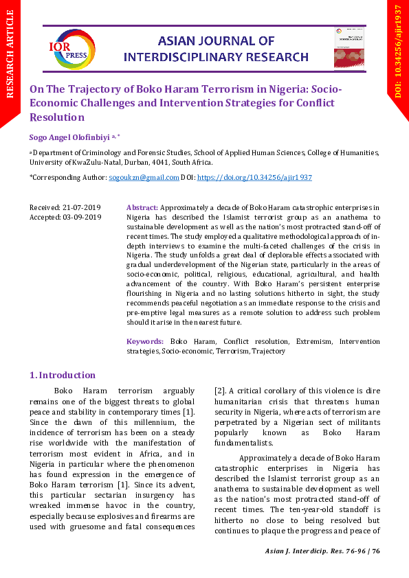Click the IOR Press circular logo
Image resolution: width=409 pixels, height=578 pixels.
(x=71, y=49)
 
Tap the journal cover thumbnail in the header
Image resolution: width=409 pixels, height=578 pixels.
(x=348, y=48)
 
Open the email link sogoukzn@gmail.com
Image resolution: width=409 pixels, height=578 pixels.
(x=144, y=177)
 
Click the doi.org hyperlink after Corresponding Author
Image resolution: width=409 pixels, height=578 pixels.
(x=254, y=177)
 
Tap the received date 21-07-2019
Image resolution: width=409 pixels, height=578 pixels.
(x=82, y=207)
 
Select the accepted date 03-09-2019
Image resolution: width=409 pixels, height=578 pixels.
(x=82, y=217)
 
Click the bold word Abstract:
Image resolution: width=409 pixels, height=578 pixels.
(x=143, y=207)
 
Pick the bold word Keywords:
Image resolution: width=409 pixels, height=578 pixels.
(x=145, y=341)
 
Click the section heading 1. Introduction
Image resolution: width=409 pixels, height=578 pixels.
(x=63, y=375)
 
